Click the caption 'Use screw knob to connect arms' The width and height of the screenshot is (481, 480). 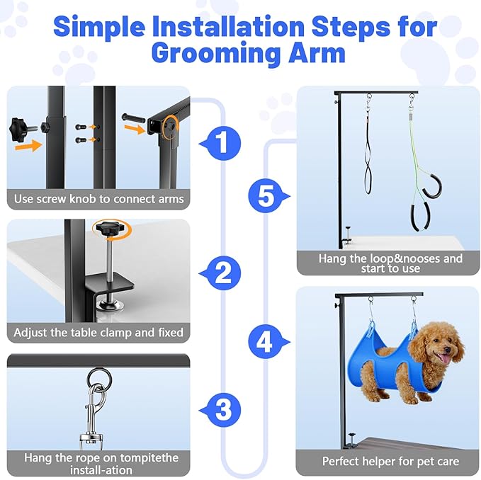(98, 199)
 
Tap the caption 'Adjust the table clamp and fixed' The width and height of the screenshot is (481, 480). (98, 332)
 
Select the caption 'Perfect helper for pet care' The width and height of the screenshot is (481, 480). (390, 462)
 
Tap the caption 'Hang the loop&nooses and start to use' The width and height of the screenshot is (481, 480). (390, 263)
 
